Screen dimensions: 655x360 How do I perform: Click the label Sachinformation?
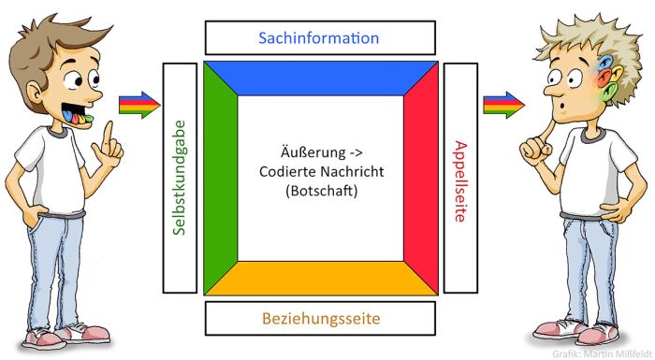tap(320, 38)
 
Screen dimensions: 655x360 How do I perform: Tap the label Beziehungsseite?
tap(320, 319)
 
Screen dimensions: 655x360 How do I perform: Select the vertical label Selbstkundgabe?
tap(180, 179)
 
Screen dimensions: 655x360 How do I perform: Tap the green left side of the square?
tap(220, 179)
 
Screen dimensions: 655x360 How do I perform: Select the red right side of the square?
tap(421, 179)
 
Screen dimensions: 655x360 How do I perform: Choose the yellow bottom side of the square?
tap(320, 279)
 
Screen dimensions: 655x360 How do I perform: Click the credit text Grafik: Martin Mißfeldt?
tap(603, 353)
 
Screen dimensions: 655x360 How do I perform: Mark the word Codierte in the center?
tap(284, 174)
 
